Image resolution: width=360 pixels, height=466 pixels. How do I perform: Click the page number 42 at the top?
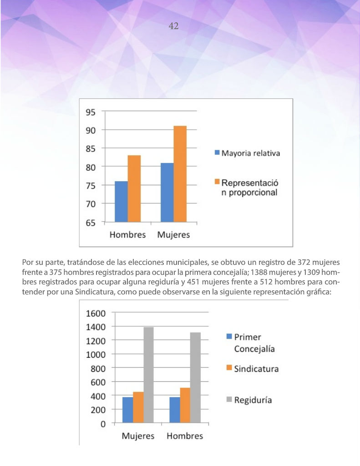173,26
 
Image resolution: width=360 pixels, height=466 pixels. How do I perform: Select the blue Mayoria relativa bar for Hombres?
121,202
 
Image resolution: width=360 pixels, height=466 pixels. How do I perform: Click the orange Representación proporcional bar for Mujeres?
180,174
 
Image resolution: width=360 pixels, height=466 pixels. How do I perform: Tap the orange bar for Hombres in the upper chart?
134,188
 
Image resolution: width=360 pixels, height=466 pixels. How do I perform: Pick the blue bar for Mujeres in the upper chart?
167,192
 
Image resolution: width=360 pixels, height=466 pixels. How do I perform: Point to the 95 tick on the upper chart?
91,112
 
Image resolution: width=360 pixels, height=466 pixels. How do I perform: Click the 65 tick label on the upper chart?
91,223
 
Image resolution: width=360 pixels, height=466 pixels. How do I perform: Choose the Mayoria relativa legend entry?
247,153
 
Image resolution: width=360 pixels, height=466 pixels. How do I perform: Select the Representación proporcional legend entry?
246,187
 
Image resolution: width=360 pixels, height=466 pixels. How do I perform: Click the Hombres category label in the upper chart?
127,235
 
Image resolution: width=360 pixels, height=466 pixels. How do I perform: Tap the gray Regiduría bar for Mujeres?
149,375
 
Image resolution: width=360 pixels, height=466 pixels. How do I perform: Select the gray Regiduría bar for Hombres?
195,377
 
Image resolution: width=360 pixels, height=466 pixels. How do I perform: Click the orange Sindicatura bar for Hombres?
185,405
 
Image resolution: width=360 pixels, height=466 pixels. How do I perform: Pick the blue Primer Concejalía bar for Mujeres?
128,410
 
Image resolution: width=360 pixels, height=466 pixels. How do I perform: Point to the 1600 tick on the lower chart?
96,313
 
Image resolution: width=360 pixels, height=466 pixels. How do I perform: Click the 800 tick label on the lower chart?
98,369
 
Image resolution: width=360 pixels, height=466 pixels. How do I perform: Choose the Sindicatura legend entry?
253,369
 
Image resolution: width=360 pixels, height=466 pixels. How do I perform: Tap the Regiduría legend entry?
249,400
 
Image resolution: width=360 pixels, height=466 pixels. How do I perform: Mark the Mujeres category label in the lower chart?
138,436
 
